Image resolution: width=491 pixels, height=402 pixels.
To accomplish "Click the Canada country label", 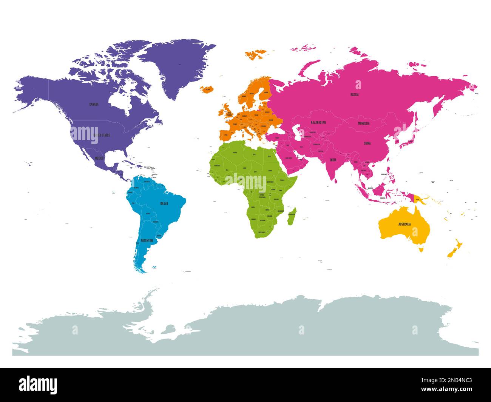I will (94, 104).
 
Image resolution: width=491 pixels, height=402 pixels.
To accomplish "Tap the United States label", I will (102, 135).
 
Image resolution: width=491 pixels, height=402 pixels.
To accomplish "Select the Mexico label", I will (99, 158).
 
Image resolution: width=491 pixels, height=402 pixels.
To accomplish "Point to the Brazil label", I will (164, 203).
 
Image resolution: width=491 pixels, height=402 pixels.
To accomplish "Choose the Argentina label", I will (147, 240).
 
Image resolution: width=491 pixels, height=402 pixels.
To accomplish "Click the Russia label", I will (354, 95).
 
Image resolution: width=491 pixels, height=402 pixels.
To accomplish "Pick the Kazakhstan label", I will (318, 122).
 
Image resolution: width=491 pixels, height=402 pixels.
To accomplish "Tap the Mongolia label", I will (364, 123).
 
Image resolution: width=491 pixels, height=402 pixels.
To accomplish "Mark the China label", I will (367, 143).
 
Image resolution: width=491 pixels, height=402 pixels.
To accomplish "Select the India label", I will (333, 160).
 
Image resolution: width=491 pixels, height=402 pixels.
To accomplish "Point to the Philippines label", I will (385, 174).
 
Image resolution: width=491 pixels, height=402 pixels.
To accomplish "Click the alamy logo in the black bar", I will (38, 385).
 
